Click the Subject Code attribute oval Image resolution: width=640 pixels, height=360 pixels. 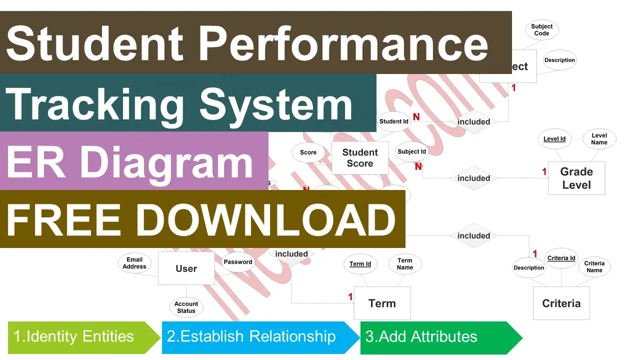point(541,30)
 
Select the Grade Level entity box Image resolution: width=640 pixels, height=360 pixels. point(576,178)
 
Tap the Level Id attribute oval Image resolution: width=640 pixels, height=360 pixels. point(554,138)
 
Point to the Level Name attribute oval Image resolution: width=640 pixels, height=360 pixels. point(599,139)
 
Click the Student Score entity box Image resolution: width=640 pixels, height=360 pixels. point(360,158)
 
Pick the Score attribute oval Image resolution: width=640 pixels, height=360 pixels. point(308,152)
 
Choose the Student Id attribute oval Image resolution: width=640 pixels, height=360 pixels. point(393,121)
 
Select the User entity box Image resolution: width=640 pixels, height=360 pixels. point(186,268)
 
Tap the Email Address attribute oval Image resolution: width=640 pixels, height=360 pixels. point(134,263)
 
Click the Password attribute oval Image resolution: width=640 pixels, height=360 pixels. point(238,262)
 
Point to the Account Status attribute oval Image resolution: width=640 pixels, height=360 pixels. point(186,307)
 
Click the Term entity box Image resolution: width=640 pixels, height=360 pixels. point(382,303)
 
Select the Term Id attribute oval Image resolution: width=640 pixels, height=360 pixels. point(360,264)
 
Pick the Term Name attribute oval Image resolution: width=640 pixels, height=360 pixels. point(404,264)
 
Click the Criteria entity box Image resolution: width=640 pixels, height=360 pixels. point(561,303)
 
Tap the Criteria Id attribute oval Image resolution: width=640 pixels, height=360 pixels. point(561,258)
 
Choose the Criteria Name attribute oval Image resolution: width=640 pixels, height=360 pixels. point(594,267)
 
